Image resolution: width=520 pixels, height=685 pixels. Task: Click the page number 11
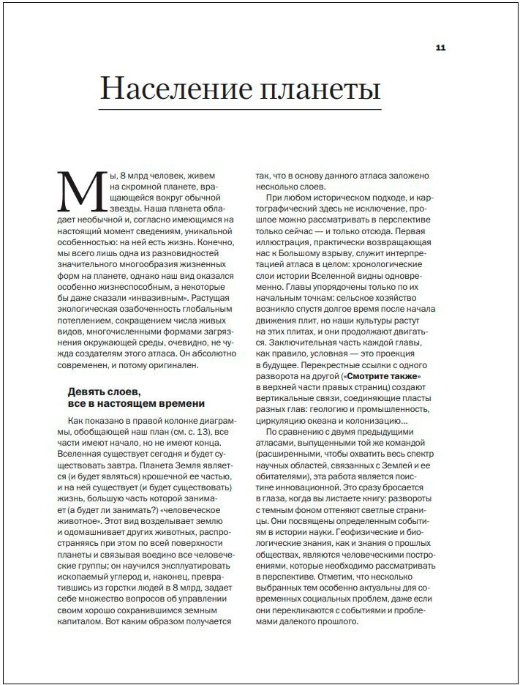(440, 48)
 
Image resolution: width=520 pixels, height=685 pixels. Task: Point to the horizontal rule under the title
(241, 110)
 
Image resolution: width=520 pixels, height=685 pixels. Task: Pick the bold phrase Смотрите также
(392, 376)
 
